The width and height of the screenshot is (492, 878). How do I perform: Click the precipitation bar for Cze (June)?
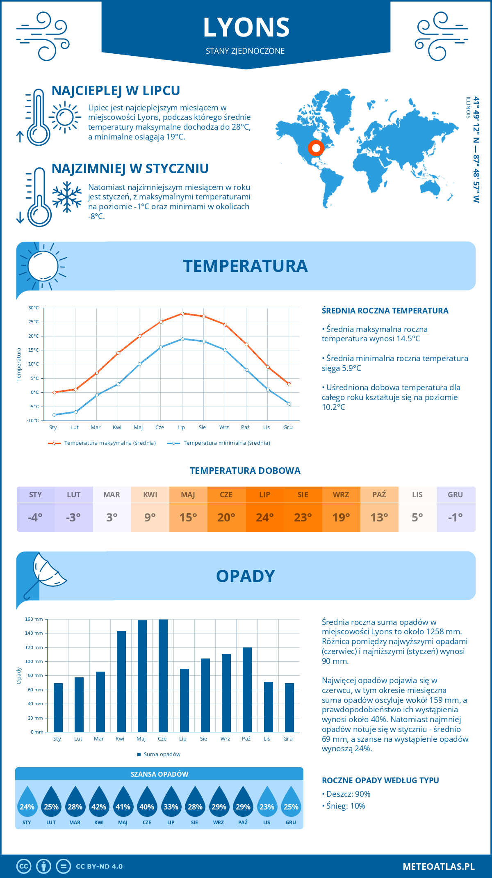pyautogui.click(x=163, y=676)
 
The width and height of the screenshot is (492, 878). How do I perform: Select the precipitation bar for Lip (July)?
pyautogui.click(x=184, y=700)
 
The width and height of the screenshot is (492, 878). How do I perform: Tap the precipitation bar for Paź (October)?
pyautogui.click(x=247, y=690)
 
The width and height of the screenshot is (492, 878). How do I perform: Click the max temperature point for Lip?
pyautogui.click(x=182, y=313)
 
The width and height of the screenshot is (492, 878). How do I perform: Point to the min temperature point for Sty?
pyautogui.click(x=54, y=415)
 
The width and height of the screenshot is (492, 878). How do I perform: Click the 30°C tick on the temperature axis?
pyautogui.click(x=34, y=308)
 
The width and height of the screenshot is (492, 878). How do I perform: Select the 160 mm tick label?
pyautogui.click(x=34, y=619)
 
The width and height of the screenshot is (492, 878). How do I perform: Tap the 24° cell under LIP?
pyautogui.click(x=264, y=517)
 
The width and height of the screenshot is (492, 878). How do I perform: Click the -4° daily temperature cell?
pyautogui.click(x=35, y=517)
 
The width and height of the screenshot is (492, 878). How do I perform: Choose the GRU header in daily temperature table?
pyautogui.click(x=456, y=494)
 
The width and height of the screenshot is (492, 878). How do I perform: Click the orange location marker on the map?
pyautogui.click(x=316, y=148)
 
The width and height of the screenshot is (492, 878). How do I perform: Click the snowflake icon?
pyautogui.click(x=67, y=197)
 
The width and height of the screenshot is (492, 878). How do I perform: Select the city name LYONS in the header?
pyautogui.click(x=246, y=27)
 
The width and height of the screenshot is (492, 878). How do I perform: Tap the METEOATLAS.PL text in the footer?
pyautogui.click(x=438, y=867)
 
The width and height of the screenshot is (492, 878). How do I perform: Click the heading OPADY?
pyautogui.click(x=245, y=576)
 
